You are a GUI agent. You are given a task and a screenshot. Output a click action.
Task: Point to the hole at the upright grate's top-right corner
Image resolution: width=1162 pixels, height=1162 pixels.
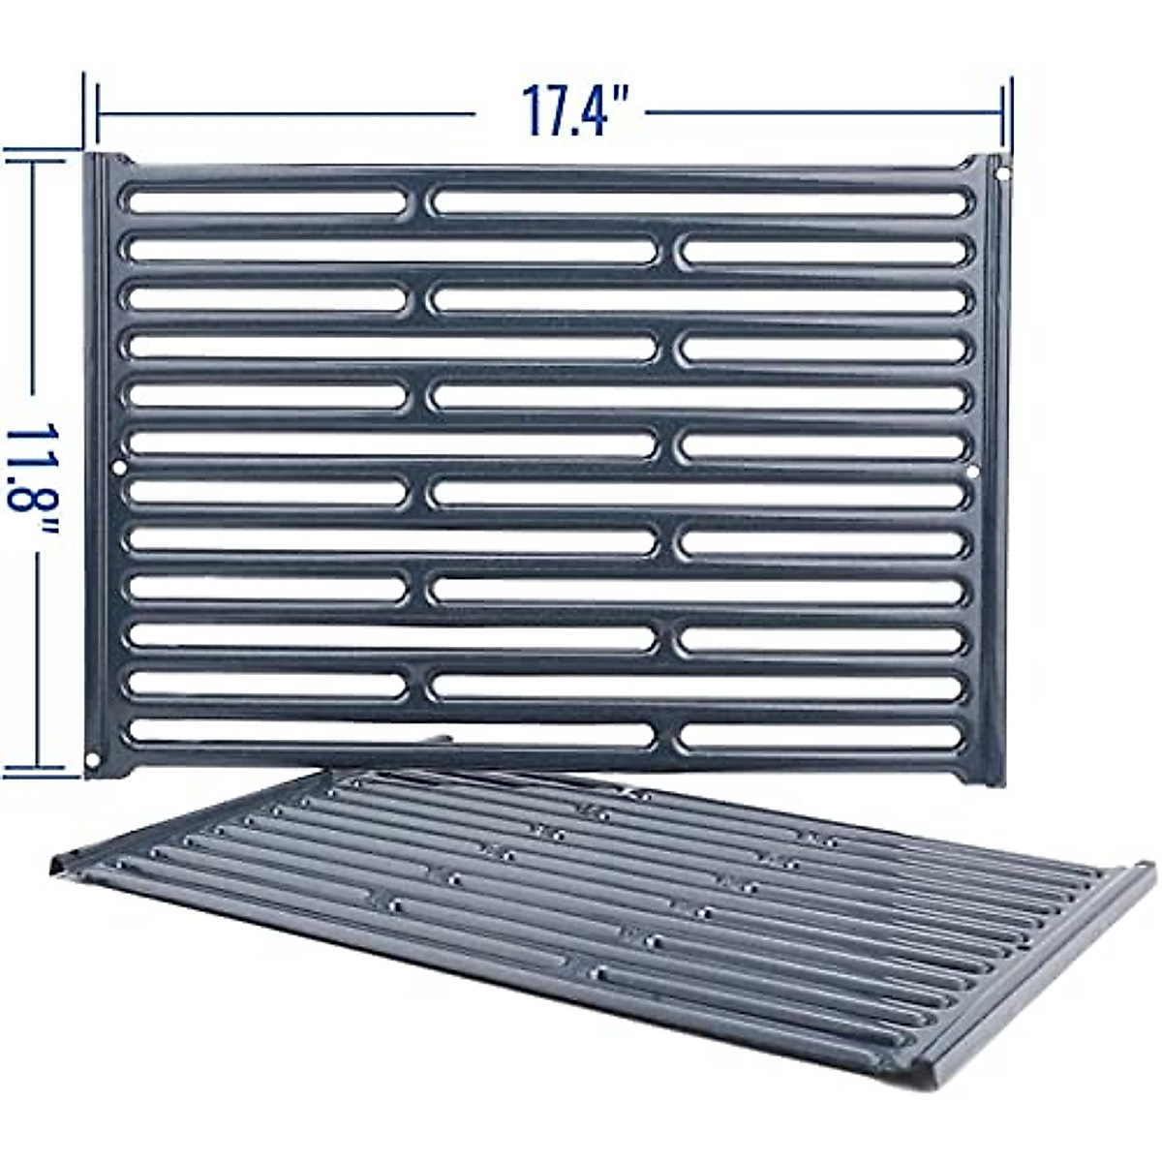pyautogui.click(x=1002, y=175)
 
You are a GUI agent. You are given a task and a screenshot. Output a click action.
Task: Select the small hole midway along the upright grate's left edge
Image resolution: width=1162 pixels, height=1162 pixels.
pyautogui.click(x=119, y=467)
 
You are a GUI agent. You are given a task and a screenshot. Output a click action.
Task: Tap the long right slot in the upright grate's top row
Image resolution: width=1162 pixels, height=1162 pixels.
pyautogui.click(x=699, y=201)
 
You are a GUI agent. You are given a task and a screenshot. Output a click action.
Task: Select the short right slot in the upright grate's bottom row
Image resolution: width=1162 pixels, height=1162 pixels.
pyautogui.click(x=821, y=736)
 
